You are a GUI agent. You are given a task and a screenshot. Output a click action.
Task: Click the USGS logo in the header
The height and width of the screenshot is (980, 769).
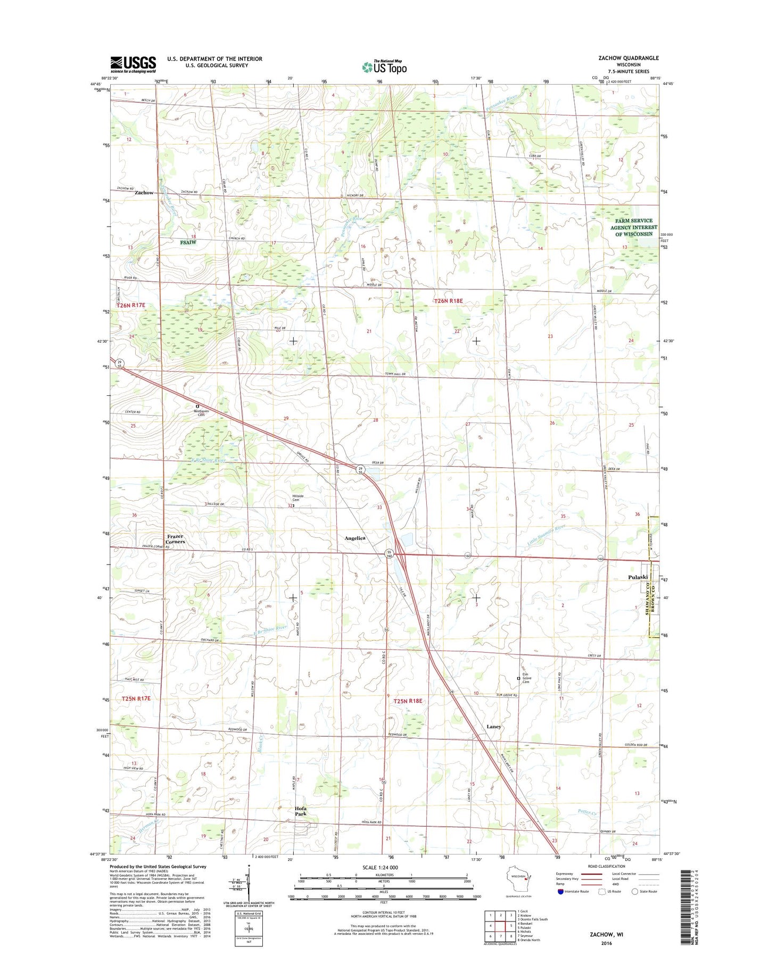tap(133, 64)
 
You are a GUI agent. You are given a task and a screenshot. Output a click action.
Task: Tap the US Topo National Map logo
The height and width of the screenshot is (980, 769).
tap(384, 67)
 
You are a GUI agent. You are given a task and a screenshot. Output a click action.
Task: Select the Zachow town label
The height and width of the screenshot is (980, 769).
tap(144, 193)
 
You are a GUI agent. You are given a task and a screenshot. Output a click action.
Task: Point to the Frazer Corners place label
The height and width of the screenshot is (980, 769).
tap(175, 539)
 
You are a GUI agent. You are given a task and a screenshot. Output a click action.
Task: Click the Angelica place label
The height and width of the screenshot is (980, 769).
tap(355, 538)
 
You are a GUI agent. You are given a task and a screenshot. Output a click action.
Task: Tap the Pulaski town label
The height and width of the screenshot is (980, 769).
tap(638, 577)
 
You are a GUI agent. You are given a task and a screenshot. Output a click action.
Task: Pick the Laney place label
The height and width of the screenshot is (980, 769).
tap(494, 727)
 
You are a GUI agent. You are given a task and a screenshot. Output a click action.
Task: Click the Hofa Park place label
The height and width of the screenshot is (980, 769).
tap(301, 811)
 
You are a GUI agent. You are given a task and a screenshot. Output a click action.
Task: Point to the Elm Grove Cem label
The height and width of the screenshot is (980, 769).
tap(527, 678)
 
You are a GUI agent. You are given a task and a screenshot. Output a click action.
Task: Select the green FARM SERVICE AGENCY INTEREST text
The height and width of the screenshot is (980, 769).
tap(633, 227)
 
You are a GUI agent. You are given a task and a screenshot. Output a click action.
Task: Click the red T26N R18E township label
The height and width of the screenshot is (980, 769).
tap(448, 301)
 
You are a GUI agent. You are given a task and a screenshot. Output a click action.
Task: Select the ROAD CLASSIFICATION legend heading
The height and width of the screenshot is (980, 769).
tap(607, 867)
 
